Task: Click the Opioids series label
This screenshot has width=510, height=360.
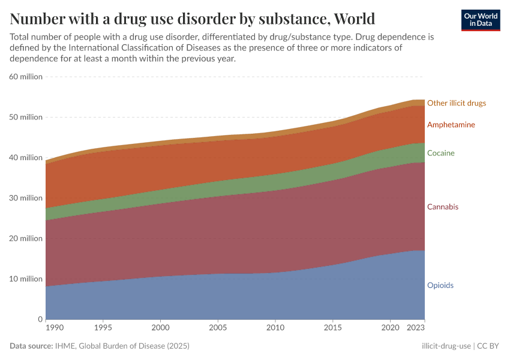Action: tap(440, 285)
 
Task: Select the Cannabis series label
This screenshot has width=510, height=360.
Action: tap(442, 207)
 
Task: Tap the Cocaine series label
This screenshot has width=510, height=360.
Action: tap(440, 153)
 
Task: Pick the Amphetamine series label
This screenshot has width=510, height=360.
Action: tap(451, 125)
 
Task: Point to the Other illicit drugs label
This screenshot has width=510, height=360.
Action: tap(456, 103)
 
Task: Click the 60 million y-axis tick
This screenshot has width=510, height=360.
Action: tap(26, 77)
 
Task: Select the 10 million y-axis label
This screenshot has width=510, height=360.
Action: tap(26, 279)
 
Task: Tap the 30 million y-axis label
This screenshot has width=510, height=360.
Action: tap(26, 198)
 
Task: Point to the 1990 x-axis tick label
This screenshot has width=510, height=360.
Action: tap(54, 328)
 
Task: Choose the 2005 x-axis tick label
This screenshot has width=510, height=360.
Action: tap(217, 328)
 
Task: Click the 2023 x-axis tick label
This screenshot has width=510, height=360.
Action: tap(416, 328)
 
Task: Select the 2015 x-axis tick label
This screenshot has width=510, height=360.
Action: tap(332, 328)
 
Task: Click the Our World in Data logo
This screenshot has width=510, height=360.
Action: tap(481, 20)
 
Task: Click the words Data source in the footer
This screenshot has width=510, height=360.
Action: tap(31, 346)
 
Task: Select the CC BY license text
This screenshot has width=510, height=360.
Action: tap(488, 346)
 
